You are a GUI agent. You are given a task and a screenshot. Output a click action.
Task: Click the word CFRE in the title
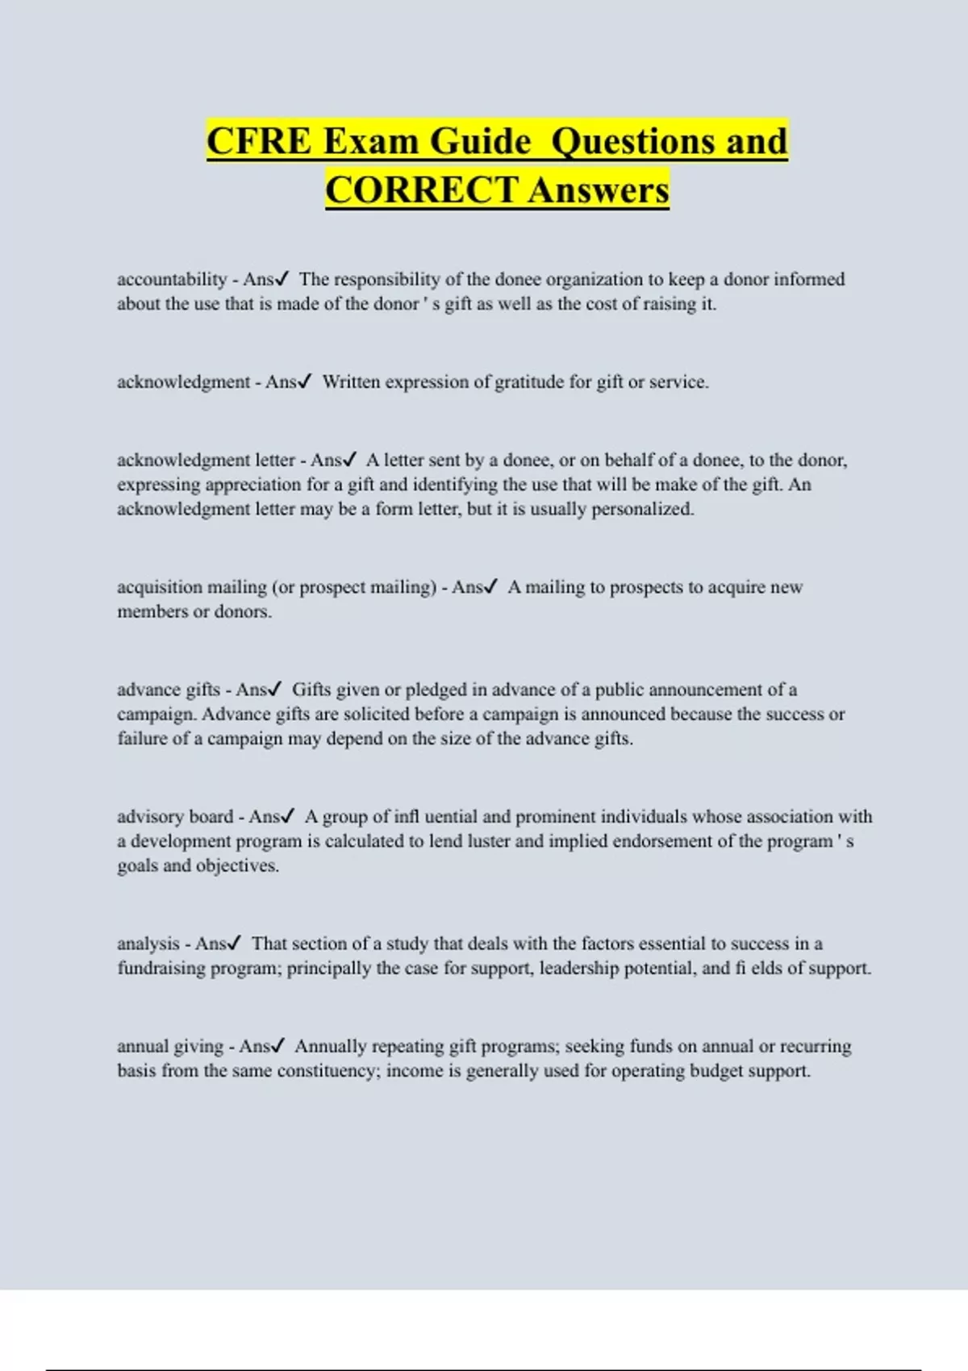258,141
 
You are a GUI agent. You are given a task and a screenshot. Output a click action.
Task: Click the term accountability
172,280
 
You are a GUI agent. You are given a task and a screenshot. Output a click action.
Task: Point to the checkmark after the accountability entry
282,279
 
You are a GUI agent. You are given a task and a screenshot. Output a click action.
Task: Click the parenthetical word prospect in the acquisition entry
332,588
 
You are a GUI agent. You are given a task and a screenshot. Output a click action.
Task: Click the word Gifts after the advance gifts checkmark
311,690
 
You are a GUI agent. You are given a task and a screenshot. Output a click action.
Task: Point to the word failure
143,739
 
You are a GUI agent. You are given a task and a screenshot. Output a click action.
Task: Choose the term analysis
148,944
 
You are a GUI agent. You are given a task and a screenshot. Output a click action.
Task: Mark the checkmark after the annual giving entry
277,1046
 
